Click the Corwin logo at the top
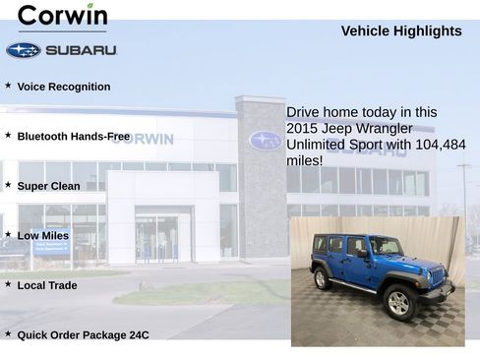(x=62, y=16)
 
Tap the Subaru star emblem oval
(x=23, y=50)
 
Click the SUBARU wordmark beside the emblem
(x=81, y=50)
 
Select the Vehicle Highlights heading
(x=400, y=31)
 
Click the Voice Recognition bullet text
(x=64, y=87)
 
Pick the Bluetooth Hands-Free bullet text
(x=73, y=136)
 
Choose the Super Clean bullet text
(x=48, y=186)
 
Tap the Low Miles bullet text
(x=43, y=236)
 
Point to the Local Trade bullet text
(x=47, y=285)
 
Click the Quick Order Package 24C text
(x=83, y=335)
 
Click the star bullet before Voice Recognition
(x=8, y=86)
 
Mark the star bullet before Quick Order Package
(x=8, y=334)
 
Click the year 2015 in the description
(x=302, y=129)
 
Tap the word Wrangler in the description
(x=386, y=129)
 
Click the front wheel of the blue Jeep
(x=399, y=303)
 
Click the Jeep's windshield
(x=379, y=245)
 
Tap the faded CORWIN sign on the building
(x=142, y=139)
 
